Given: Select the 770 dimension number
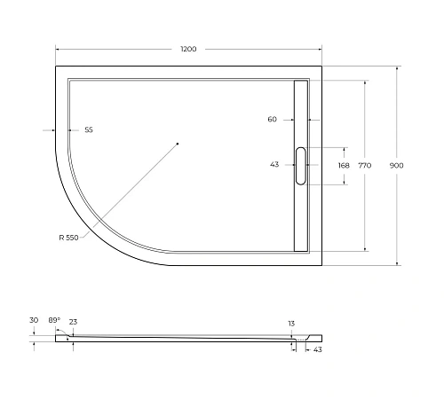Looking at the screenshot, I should coord(364,165).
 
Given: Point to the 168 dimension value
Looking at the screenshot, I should coord(343,165).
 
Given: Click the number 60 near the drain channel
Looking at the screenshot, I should coord(272,119).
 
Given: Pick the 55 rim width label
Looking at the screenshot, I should coord(89,129).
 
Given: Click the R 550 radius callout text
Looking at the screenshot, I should coord(68,236).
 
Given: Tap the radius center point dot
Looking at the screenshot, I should coord(178,143).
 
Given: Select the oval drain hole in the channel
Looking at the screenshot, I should coord(300,166).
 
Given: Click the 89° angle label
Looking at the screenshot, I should coord(53,320).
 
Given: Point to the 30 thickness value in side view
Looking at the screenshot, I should coord(34,320).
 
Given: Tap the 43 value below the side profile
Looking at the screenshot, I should coord(317,349).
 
